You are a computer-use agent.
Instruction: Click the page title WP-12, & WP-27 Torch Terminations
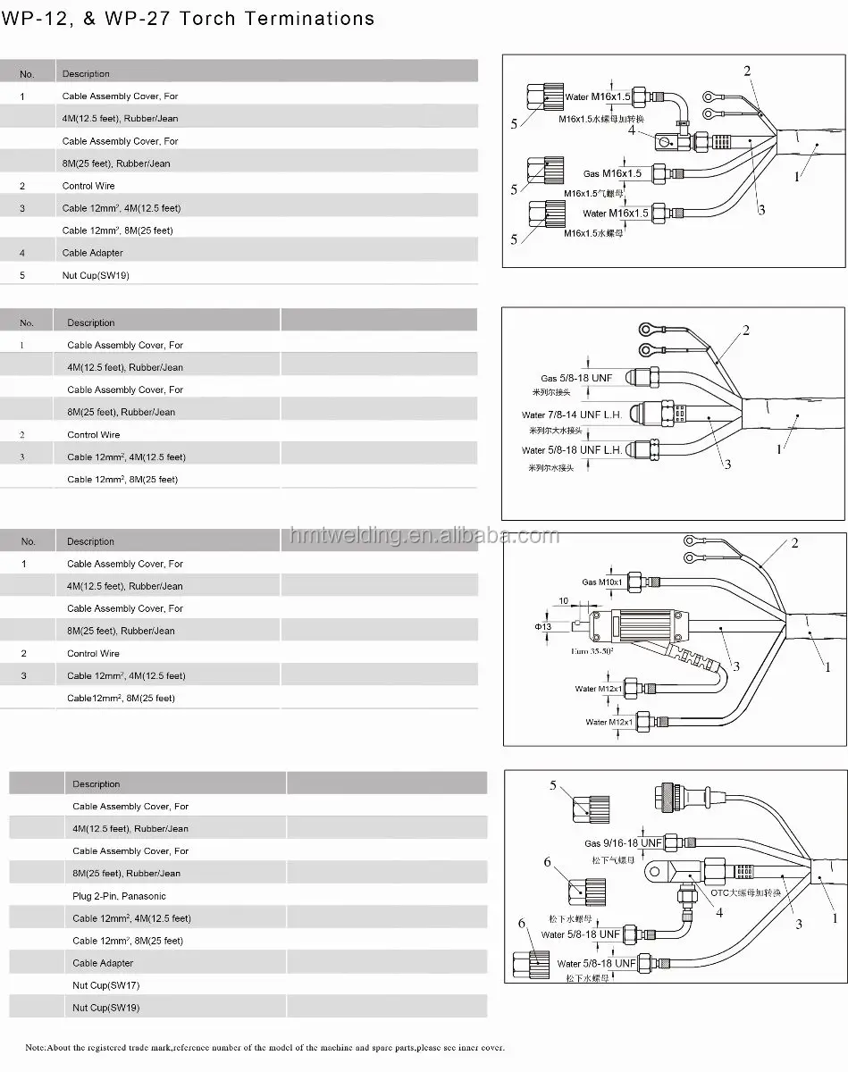pos(188,19)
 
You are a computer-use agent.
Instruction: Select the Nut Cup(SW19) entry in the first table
pos(96,275)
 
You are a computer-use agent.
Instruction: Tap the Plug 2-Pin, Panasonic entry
pos(119,896)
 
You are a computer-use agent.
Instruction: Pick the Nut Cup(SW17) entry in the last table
pos(105,985)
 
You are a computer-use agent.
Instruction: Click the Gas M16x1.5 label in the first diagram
pos(612,173)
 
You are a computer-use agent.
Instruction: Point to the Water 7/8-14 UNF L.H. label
pos(574,415)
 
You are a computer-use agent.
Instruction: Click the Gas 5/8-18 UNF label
pos(576,379)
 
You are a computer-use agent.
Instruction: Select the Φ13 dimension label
pos(544,627)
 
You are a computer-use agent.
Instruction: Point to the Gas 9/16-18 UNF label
pos(623,843)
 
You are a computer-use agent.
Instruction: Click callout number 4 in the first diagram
pos(632,130)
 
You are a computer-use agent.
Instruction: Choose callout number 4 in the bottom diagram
pos(718,913)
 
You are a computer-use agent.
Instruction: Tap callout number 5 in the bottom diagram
pos(552,785)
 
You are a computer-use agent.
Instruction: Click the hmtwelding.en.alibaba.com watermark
pos(424,535)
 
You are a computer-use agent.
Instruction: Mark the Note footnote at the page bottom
pos(264,1047)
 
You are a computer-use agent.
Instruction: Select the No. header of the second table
pos(27,322)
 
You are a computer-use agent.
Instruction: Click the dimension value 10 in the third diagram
pos(564,600)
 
